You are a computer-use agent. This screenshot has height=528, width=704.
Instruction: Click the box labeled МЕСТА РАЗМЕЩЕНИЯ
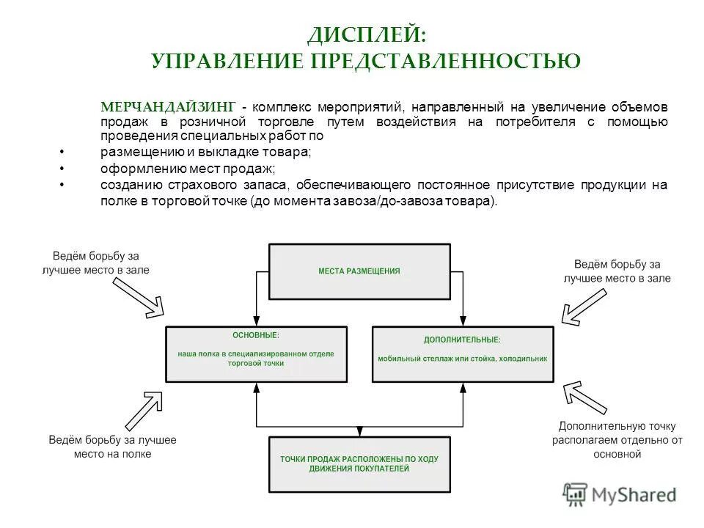click(x=359, y=271)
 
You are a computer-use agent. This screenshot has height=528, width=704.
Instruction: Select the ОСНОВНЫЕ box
click(x=256, y=353)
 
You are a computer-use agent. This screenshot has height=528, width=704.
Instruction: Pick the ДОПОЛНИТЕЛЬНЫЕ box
click(x=463, y=353)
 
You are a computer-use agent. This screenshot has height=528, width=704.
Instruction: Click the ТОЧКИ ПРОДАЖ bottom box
click(x=359, y=463)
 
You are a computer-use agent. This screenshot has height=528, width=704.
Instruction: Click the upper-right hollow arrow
click(x=583, y=305)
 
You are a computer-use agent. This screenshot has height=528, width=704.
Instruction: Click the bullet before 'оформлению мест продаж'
click(x=62, y=168)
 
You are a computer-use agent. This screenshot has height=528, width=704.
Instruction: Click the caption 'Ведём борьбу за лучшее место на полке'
click(x=113, y=447)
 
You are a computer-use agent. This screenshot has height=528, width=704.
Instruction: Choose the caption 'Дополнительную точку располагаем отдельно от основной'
click(x=617, y=440)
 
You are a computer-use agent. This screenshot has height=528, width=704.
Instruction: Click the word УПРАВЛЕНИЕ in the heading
click(x=228, y=61)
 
